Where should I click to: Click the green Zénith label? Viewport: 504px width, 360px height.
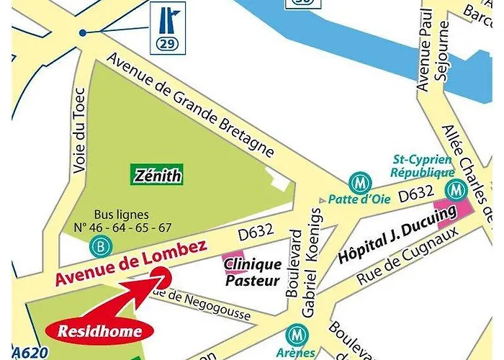coord(157,174)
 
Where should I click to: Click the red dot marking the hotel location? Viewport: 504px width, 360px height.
coord(161,276)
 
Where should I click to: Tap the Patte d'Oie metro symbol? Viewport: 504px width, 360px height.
coord(356,183)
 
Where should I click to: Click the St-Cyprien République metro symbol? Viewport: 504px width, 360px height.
coord(454,190)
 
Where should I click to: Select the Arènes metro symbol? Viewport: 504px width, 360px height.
coord(295,335)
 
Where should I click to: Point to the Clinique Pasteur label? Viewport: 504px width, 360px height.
coord(251,272)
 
